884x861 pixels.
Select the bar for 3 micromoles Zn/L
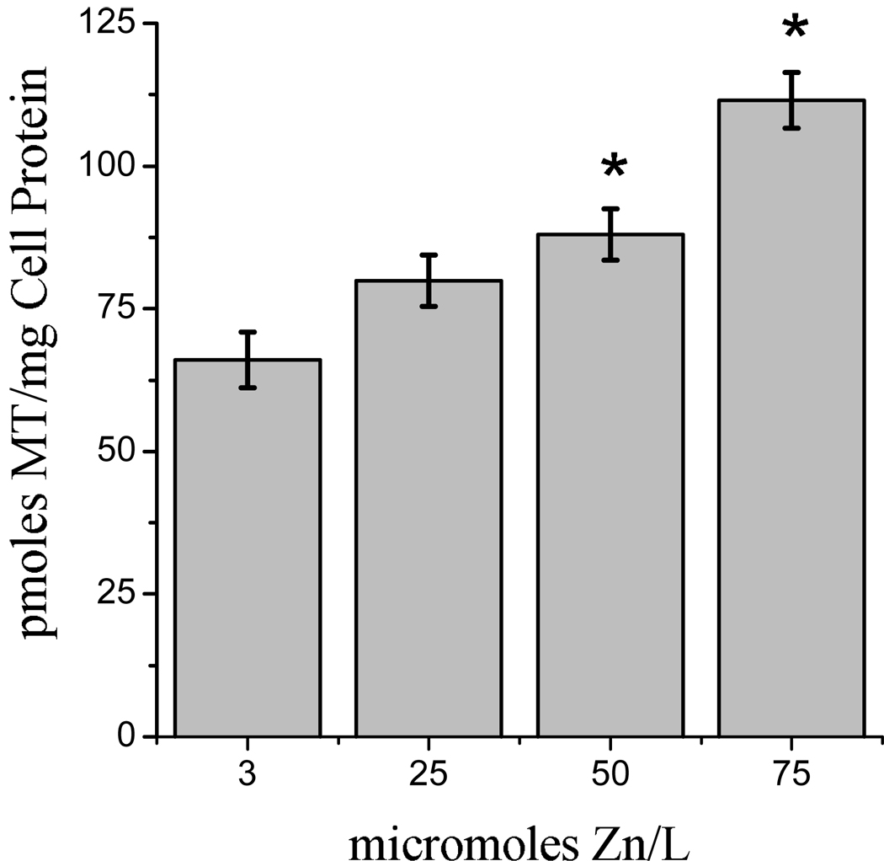tap(247, 548)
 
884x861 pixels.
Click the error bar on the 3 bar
tap(247, 360)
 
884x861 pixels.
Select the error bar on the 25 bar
tap(429, 281)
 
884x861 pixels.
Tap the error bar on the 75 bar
tap(791, 100)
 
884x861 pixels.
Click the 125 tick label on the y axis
tap(113, 24)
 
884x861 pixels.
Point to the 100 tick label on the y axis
tap(113, 167)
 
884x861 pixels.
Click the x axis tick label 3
tap(247, 774)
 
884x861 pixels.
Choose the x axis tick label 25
tap(429, 774)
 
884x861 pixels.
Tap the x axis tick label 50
tap(610, 774)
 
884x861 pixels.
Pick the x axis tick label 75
tap(791, 774)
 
